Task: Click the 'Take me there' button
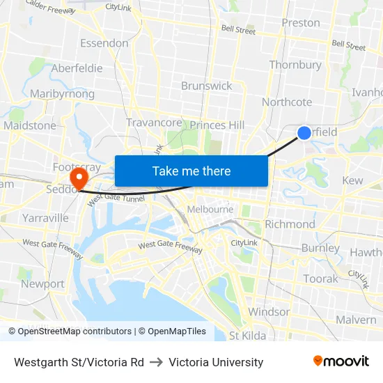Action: [x=191, y=171]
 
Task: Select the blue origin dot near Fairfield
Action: [x=304, y=133]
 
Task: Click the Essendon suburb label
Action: [x=104, y=43]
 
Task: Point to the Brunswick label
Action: [x=206, y=86]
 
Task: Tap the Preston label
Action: [x=301, y=23]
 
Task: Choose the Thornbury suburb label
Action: [x=295, y=65]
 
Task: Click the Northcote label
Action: [x=287, y=102]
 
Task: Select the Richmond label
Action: [x=290, y=224]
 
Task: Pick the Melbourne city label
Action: [x=210, y=209]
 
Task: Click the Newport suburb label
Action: [x=42, y=284]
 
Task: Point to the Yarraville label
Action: [x=45, y=218]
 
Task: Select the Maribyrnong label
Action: [x=62, y=93]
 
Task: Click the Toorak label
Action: [x=320, y=279]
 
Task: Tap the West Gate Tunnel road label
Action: [x=116, y=198]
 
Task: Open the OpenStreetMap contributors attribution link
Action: [x=70, y=331]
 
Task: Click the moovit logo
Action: [x=341, y=361]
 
